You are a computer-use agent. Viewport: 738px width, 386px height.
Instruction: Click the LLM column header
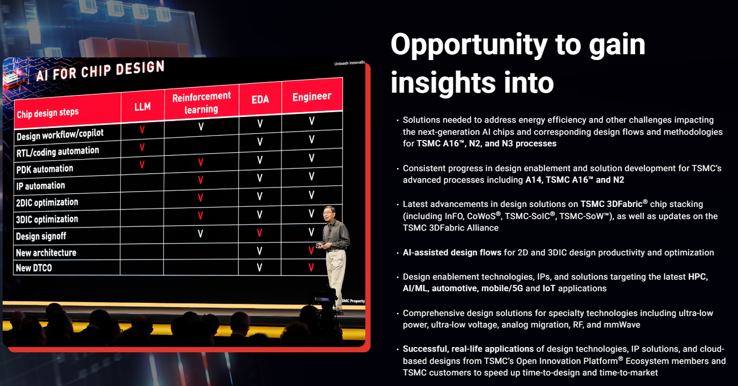(x=143, y=106)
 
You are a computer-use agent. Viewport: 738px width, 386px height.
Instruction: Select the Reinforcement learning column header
(x=201, y=103)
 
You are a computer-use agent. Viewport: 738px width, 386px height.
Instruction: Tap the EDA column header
(x=260, y=100)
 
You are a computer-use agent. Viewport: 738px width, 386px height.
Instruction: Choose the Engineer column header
(x=312, y=96)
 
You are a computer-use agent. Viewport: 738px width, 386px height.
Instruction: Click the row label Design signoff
(x=41, y=236)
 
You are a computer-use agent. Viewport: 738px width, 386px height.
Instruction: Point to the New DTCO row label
(x=34, y=268)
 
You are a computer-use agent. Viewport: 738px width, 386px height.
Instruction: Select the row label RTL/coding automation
(x=57, y=152)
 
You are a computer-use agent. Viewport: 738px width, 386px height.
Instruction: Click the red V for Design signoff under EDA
(x=259, y=233)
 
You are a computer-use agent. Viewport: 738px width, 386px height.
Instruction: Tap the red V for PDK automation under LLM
(x=142, y=164)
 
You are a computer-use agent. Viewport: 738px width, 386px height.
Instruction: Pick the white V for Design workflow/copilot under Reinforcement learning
(x=201, y=126)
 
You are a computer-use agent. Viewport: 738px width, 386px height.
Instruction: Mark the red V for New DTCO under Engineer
(x=311, y=267)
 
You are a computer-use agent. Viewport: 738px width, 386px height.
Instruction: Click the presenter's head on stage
(x=329, y=213)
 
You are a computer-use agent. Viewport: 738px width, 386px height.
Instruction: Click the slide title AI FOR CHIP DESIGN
(x=100, y=71)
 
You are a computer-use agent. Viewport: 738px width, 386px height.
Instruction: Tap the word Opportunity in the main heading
(x=469, y=45)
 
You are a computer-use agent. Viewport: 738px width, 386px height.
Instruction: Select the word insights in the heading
(x=443, y=82)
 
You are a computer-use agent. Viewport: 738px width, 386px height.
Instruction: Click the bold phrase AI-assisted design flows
(x=452, y=252)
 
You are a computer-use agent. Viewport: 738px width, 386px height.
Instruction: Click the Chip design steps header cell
(x=48, y=113)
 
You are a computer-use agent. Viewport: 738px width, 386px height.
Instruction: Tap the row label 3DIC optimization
(x=47, y=219)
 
